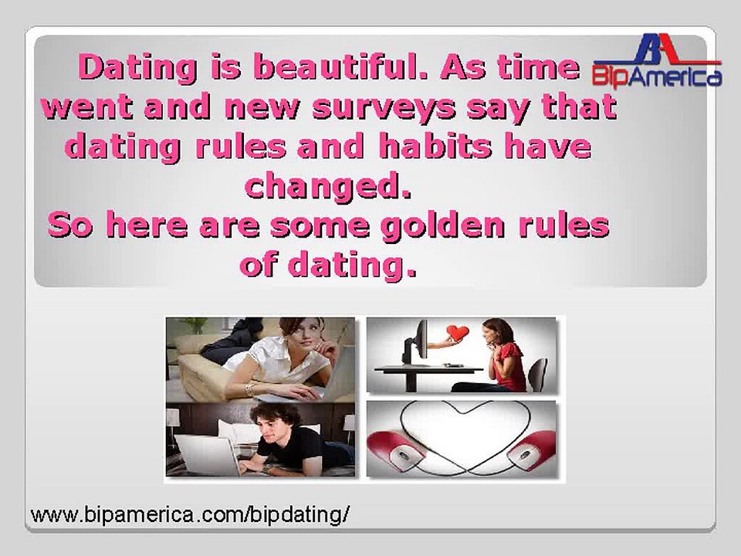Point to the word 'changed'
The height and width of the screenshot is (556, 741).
click(328, 187)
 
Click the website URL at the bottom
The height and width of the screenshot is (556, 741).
click(190, 514)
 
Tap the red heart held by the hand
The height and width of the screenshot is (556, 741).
click(457, 332)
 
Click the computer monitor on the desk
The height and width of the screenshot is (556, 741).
click(414, 343)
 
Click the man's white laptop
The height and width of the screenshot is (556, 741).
click(207, 455)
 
